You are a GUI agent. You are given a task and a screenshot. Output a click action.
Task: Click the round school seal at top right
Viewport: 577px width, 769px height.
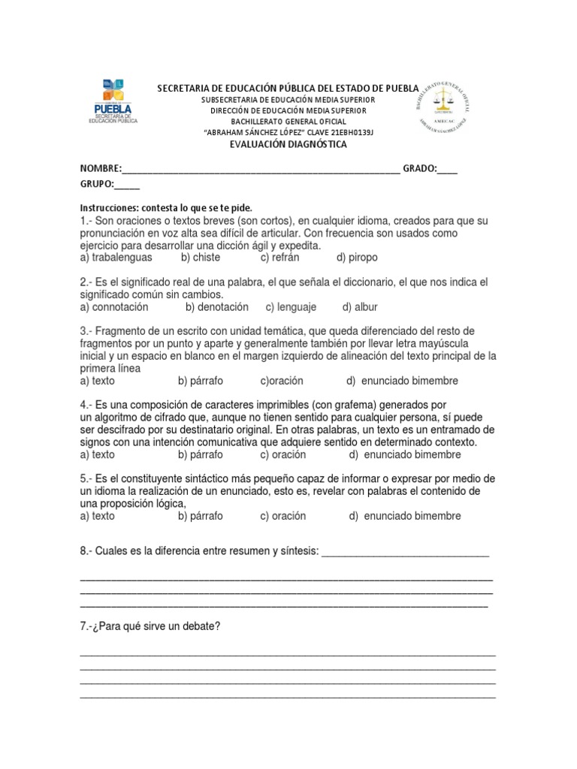[x=443, y=104]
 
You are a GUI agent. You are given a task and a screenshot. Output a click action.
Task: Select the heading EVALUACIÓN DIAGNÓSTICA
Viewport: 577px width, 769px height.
[x=288, y=144]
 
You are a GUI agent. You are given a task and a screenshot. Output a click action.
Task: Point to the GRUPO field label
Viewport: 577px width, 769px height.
[x=97, y=184]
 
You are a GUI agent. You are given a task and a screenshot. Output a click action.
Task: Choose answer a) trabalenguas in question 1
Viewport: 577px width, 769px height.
[x=116, y=258]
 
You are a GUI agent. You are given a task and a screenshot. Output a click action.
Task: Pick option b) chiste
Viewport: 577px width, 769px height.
[x=201, y=258]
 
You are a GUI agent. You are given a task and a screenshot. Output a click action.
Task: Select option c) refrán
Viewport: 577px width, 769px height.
[x=279, y=258]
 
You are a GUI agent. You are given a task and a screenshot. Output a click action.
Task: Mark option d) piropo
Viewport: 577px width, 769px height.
[x=357, y=258]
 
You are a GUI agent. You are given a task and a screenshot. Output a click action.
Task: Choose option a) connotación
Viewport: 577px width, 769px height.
[x=114, y=307]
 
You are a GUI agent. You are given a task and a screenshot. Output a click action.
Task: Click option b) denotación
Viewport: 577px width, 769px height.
[x=217, y=307]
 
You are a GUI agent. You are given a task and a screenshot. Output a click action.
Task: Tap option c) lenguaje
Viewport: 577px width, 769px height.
[x=291, y=307]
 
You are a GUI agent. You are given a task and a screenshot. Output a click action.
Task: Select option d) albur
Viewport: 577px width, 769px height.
[x=360, y=307]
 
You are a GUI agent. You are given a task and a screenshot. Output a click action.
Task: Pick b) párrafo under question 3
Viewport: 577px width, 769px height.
[x=201, y=381]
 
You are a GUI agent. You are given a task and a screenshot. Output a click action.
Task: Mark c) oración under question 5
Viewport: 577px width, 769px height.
[x=283, y=517]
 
